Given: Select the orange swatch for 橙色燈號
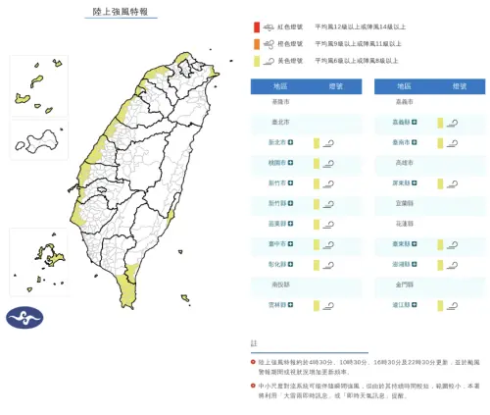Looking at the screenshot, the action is (x=256, y=45).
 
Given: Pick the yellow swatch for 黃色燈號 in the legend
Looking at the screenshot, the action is (x=256, y=60).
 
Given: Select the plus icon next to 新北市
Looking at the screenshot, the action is (x=290, y=143).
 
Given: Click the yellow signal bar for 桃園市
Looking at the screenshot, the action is (x=317, y=163).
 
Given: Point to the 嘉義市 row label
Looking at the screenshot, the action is (x=403, y=102).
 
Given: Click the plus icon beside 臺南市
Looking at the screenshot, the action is (x=415, y=143).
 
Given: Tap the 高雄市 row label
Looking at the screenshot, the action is (x=403, y=163).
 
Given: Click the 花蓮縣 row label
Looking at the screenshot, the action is (x=403, y=224).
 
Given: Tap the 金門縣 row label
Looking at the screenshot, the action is (x=403, y=285).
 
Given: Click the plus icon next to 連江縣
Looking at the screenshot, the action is (x=415, y=305).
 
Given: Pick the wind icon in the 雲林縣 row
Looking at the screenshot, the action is (x=326, y=305).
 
